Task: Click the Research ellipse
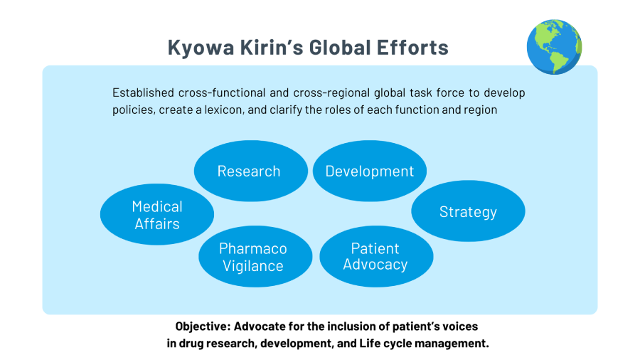pyautogui.click(x=250, y=171)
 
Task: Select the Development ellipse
pyautogui.click(x=370, y=171)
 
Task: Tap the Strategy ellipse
pyautogui.click(x=468, y=211)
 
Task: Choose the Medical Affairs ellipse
pyautogui.click(x=157, y=214)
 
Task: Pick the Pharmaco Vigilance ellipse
pyautogui.click(x=255, y=256)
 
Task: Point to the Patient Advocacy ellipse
pyautogui.click(x=376, y=256)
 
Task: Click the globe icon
pyautogui.click(x=554, y=46)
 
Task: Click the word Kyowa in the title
pyautogui.click(x=201, y=48)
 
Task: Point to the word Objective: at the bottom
pyautogui.click(x=203, y=327)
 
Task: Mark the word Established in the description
pyautogui.click(x=143, y=92)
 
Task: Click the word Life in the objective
pyautogui.click(x=368, y=343)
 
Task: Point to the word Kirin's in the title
pyautogui.click(x=272, y=48)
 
